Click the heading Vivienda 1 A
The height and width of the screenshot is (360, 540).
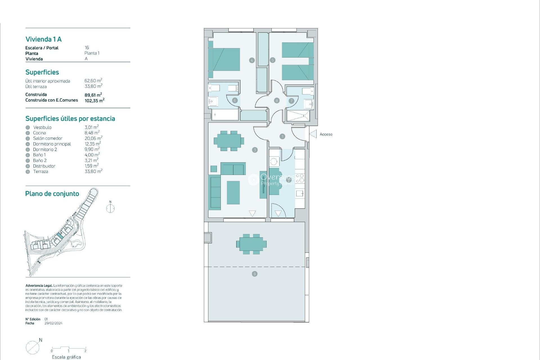[x=44, y=39]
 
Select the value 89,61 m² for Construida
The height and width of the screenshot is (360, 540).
[x=93, y=95]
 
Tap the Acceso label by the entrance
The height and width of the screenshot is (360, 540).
[x=326, y=134]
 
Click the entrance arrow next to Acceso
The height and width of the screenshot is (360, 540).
[x=313, y=134]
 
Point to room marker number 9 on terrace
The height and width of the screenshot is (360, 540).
[x=255, y=274]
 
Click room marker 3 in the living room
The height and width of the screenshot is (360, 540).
[x=255, y=150]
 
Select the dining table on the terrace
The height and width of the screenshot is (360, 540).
[x=251, y=244]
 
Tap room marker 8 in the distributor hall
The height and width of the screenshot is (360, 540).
[x=277, y=100]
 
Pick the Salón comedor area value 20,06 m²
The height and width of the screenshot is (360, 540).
[x=93, y=138]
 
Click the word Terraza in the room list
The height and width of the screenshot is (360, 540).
[x=40, y=172]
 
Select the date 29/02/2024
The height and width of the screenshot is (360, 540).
[x=53, y=323]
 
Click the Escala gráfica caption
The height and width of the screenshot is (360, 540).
[x=66, y=357]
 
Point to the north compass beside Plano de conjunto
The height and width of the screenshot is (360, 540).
[x=110, y=208]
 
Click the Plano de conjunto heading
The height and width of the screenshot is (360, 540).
[x=52, y=193]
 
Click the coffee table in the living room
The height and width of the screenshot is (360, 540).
[x=233, y=192]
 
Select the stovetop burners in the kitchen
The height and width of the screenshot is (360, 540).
[x=300, y=178]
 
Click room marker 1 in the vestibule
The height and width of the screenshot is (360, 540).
[x=282, y=136]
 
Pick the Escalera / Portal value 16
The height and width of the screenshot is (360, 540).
[x=87, y=48]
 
